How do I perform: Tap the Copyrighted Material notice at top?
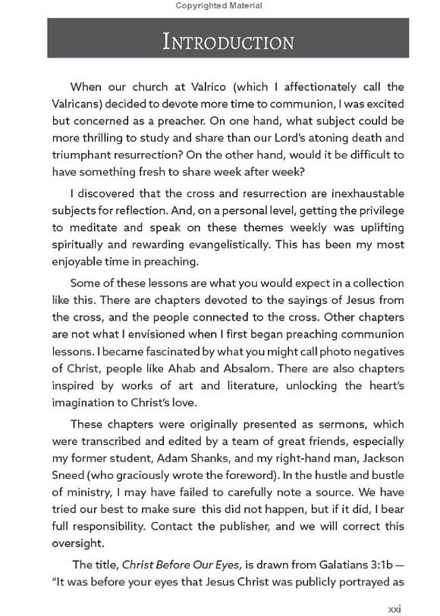219,5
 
